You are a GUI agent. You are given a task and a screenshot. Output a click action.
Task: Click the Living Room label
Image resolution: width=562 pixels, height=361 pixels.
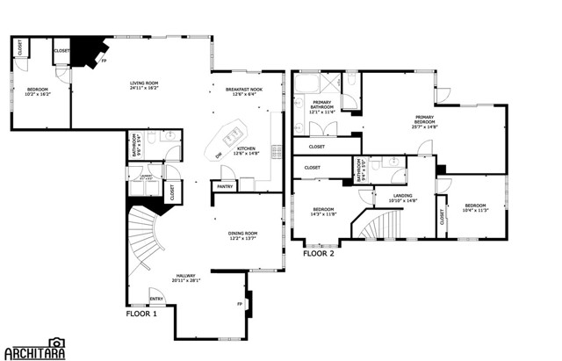pyautogui.click(x=144, y=85)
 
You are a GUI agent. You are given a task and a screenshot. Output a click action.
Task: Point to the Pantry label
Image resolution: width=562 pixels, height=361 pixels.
pyautogui.click(x=224, y=186)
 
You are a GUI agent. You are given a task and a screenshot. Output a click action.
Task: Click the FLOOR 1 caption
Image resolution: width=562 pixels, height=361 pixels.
pyautogui.click(x=141, y=314)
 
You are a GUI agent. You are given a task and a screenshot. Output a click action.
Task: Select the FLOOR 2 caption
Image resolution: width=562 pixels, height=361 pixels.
pyautogui.click(x=319, y=253)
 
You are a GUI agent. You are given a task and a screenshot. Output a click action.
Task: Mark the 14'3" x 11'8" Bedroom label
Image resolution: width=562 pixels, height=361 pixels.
pyautogui.click(x=323, y=211)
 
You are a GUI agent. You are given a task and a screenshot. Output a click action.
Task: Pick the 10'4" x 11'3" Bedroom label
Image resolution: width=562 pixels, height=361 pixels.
pyautogui.click(x=475, y=207)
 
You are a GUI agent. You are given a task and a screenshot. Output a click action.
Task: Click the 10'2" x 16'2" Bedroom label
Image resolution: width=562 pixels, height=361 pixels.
pyautogui.click(x=38, y=91)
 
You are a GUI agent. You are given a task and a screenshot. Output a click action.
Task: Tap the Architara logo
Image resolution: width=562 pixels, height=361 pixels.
pyautogui.click(x=35, y=350)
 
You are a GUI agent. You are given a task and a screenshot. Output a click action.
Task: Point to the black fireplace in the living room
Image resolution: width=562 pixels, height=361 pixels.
pyautogui.click(x=88, y=51)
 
